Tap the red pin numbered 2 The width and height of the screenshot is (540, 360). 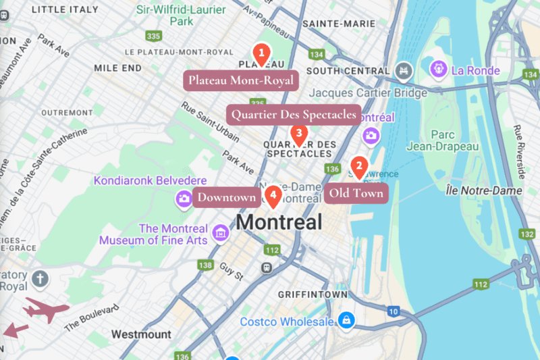click(x=359, y=165)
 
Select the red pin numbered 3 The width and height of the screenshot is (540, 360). click(x=298, y=134)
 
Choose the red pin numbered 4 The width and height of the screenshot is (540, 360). click(x=273, y=197)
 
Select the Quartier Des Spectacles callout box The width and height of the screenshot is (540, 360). click(x=293, y=115)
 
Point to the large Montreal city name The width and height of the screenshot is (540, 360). click(x=279, y=222)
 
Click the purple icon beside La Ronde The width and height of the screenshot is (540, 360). click(x=439, y=69)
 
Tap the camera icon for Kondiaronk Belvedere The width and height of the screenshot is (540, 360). click(x=183, y=198)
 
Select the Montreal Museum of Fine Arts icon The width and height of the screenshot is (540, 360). click(x=219, y=234)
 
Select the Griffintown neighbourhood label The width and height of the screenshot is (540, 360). click(x=313, y=294)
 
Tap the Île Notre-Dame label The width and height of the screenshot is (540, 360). click(x=484, y=191)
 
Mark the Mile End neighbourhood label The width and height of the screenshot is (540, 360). click(x=118, y=68)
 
